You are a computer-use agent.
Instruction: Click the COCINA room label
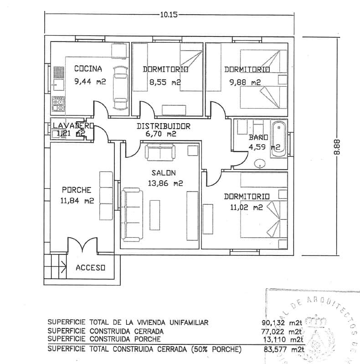(x=88, y=69)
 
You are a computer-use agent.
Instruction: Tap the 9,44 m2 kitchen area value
(x=90, y=83)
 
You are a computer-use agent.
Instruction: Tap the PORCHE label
(x=77, y=190)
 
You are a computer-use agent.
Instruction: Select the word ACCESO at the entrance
(x=90, y=267)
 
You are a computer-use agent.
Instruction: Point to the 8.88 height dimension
(x=337, y=147)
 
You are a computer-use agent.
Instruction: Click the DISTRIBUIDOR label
(x=164, y=126)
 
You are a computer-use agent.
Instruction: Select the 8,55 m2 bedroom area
(x=165, y=83)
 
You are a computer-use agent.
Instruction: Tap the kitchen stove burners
(x=58, y=104)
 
